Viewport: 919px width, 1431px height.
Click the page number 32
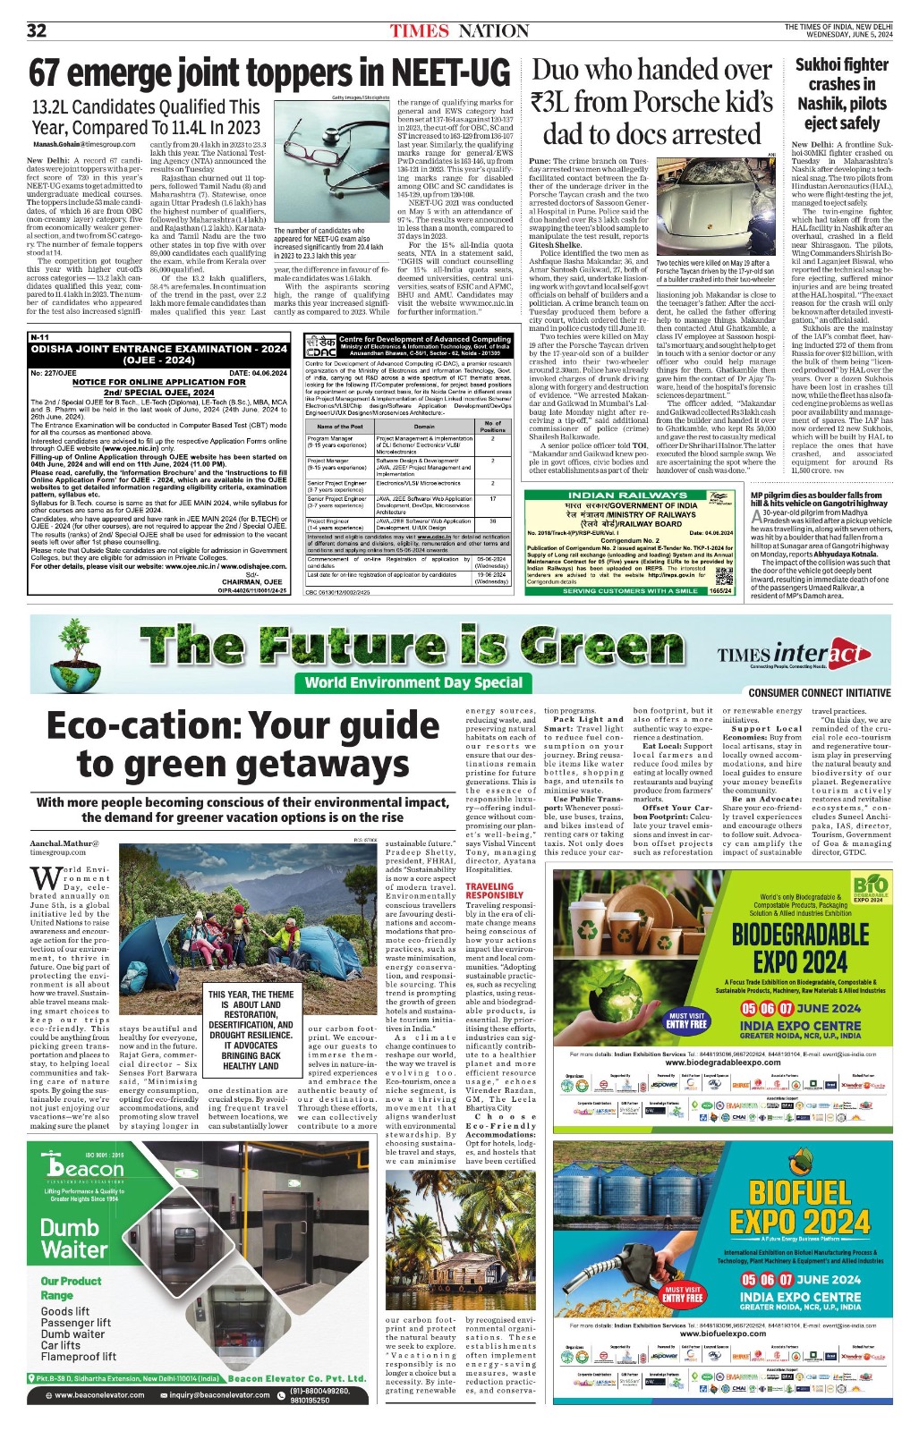(37, 31)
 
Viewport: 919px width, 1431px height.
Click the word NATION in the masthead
(493, 31)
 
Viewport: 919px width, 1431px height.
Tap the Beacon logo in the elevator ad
(85, 1167)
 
